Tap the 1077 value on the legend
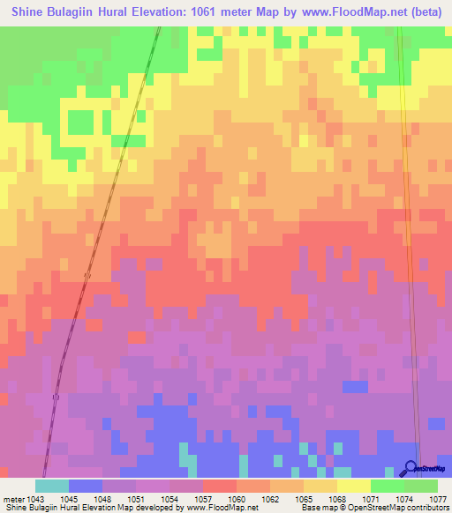pyautogui.click(x=439, y=499)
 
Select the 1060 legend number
pyautogui.click(x=237, y=499)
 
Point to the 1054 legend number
pyautogui.click(x=169, y=499)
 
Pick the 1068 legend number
pyautogui.click(x=337, y=499)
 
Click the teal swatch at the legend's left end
pyautogui.click(x=52, y=486)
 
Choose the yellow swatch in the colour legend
pyautogui.click(x=354, y=486)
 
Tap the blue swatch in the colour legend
pyautogui.click(x=86, y=486)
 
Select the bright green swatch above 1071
pyautogui.click(x=388, y=486)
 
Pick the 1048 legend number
pyautogui.click(x=102, y=499)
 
